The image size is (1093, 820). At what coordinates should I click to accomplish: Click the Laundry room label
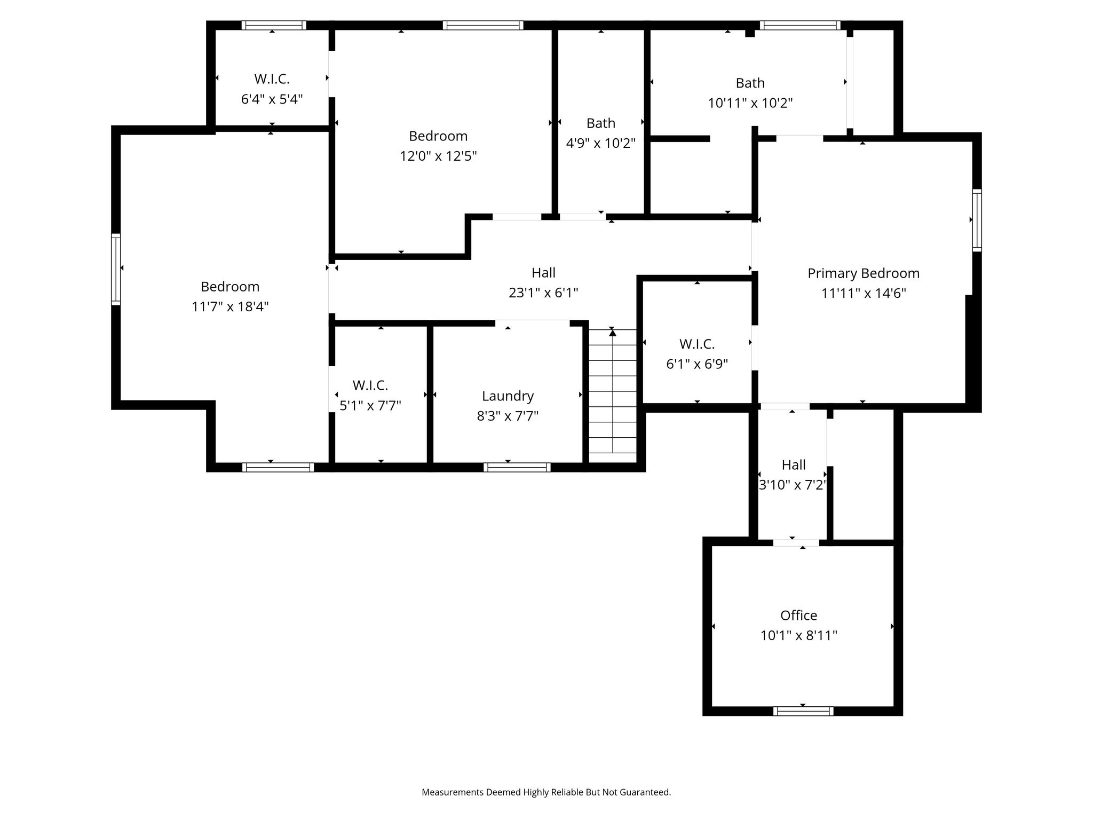coord(508,396)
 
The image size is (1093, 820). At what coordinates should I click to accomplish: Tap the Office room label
coord(798,616)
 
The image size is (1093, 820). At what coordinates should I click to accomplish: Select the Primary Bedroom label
coord(864,273)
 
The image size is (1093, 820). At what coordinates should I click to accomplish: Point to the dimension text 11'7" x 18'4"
coord(230,306)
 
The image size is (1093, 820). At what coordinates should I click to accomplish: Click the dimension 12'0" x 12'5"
coord(438,156)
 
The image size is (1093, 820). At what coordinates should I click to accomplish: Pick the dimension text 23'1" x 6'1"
coord(543,293)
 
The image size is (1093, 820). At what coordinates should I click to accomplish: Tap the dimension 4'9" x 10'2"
coord(600,143)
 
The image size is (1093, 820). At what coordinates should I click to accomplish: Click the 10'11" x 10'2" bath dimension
coord(750,103)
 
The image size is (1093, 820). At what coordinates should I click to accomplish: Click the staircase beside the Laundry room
coord(613,396)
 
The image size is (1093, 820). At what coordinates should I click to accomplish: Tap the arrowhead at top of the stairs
coord(613,333)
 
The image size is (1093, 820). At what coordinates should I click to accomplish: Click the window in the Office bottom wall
coord(803,711)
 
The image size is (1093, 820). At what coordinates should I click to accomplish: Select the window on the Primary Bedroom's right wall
coord(977,220)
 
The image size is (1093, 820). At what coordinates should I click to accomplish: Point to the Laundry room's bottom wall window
coord(517,468)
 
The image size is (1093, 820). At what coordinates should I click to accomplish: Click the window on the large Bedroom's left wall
coord(116,269)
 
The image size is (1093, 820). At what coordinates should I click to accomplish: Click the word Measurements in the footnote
coord(453,792)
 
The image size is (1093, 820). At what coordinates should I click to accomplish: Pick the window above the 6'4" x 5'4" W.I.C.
coord(274,25)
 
